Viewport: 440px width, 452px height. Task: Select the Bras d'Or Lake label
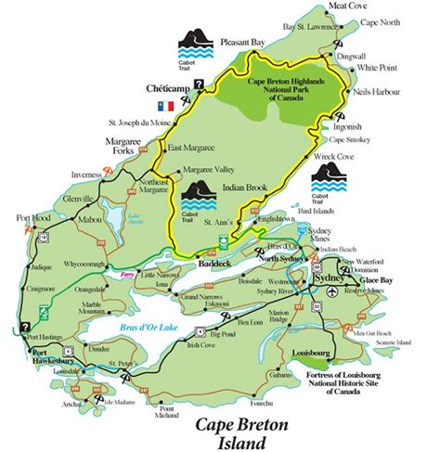(149, 329)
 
